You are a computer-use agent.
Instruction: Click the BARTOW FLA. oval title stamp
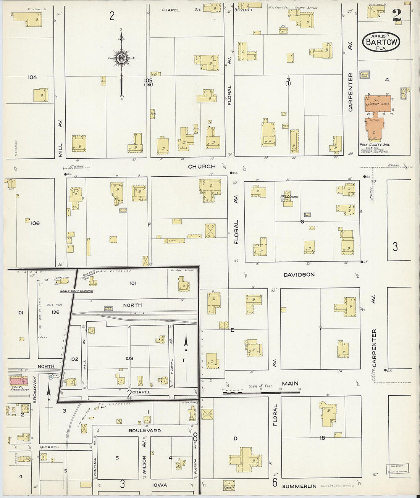(x=380, y=42)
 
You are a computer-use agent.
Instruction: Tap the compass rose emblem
(x=121, y=58)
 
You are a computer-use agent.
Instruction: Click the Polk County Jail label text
(x=374, y=145)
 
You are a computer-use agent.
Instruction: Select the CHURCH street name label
(x=202, y=166)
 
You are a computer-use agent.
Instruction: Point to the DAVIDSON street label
(x=299, y=274)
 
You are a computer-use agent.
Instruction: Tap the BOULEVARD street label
(x=145, y=430)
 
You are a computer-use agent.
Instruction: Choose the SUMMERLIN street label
(x=300, y=486)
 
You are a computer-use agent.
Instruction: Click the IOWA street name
(x=160, y=485)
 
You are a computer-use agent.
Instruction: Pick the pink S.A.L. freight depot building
(x=17, y=380)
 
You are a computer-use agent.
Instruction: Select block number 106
(x=35, y=223)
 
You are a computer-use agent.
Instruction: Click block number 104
(x=32, y=77)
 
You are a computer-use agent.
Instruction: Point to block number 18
(x=322, y=438)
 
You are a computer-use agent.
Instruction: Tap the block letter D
(x=235, y=438)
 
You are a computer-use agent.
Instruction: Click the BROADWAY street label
(x=34, y=390)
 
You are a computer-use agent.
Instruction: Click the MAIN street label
(x=290, y=384)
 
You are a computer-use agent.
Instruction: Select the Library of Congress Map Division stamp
(x=397, y=468)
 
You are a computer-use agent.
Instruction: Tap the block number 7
(x=320, y=328)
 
